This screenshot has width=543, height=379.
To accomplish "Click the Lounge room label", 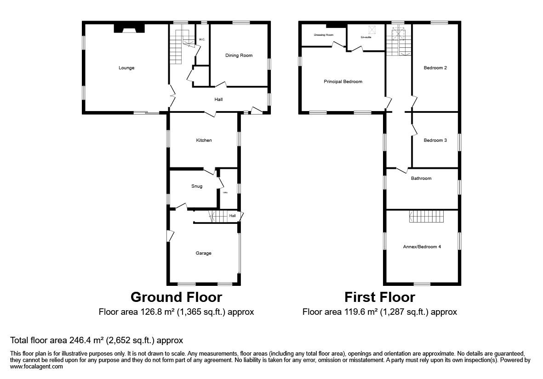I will coord(126,68).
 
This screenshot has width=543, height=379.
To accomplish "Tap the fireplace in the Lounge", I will coord(129,29).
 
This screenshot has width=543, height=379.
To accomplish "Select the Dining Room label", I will coord(239,56).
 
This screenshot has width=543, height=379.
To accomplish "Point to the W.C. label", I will coord(201,39).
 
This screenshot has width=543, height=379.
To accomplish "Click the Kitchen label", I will coord(204,140).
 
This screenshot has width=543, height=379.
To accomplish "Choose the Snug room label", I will coord(197,186).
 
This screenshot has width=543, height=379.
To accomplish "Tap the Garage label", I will coord(204,253).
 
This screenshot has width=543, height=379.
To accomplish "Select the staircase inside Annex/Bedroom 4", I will coord(426,217).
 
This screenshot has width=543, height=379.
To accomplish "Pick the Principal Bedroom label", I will coord(343,82).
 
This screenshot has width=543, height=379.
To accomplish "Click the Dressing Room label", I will coord(323,35).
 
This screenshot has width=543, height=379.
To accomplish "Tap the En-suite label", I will coord(366,38).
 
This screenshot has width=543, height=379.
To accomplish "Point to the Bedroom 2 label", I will coord(435,68).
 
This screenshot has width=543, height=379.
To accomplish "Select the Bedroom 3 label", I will coord(435,140).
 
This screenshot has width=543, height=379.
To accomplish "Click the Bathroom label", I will coord(421,178).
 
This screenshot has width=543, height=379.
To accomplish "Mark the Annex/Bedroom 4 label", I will coord(422,247).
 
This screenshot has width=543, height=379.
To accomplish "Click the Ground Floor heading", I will coord(176,297).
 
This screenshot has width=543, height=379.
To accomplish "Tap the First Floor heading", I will coord(380,297).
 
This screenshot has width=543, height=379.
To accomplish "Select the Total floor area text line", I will coord(97,340).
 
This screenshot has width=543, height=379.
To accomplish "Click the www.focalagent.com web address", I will coord(36,367).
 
